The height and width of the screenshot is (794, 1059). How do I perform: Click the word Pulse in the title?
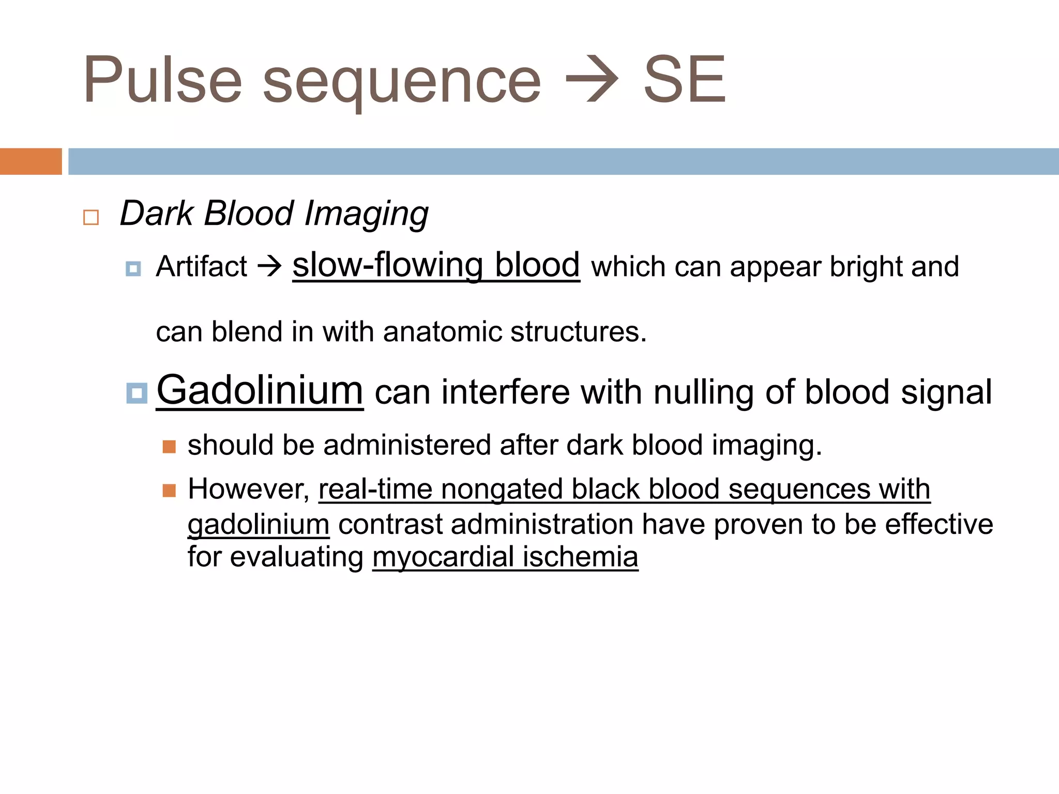[x=162, y=80]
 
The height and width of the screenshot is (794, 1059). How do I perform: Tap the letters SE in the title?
[x=684, y=80]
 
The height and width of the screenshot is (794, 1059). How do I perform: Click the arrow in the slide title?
[x=592, y=80]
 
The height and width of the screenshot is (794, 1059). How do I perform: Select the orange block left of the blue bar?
[x=31, y=161]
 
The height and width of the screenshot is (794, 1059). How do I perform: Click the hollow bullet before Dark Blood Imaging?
[x=91, y=217]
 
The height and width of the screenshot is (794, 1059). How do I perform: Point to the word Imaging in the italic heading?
[x=366, y=214]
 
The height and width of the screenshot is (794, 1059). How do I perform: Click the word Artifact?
[x=202, y=267]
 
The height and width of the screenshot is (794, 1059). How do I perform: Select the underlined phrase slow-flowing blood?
[x=436, y=266]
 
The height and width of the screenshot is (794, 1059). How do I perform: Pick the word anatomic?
[x=442, y=331]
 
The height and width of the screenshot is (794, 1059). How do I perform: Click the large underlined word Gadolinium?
[x=260, y=390]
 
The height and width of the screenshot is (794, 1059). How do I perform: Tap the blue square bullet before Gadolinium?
[x=137, y=393]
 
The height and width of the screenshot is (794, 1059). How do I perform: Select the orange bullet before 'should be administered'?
[x=169, y=447]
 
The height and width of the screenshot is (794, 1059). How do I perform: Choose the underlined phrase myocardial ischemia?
[x=505, y=557]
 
